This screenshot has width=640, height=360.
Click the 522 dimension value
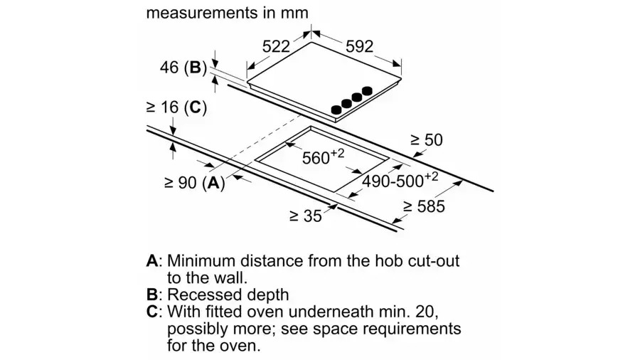[276, 46]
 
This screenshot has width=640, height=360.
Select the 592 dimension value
[360, 46]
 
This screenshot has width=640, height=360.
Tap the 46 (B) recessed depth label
[183, 68]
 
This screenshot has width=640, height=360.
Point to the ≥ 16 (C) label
[177, 107]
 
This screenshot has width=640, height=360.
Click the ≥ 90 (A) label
[195, 183]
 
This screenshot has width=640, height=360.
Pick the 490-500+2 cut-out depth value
[400, 179]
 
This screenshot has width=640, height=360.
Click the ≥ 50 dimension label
[427, 140]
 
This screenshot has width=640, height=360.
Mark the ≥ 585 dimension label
[424, 206]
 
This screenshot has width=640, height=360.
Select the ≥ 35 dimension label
[306, 216]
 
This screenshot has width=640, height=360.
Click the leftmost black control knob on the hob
[336, 110]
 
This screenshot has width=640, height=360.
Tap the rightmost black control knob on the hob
[368, 90]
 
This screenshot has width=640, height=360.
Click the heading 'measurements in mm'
[228, 13]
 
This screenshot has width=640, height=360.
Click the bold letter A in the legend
[152, 261]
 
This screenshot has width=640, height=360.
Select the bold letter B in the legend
[152, 295]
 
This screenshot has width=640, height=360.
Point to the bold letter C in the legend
[152, 312]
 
